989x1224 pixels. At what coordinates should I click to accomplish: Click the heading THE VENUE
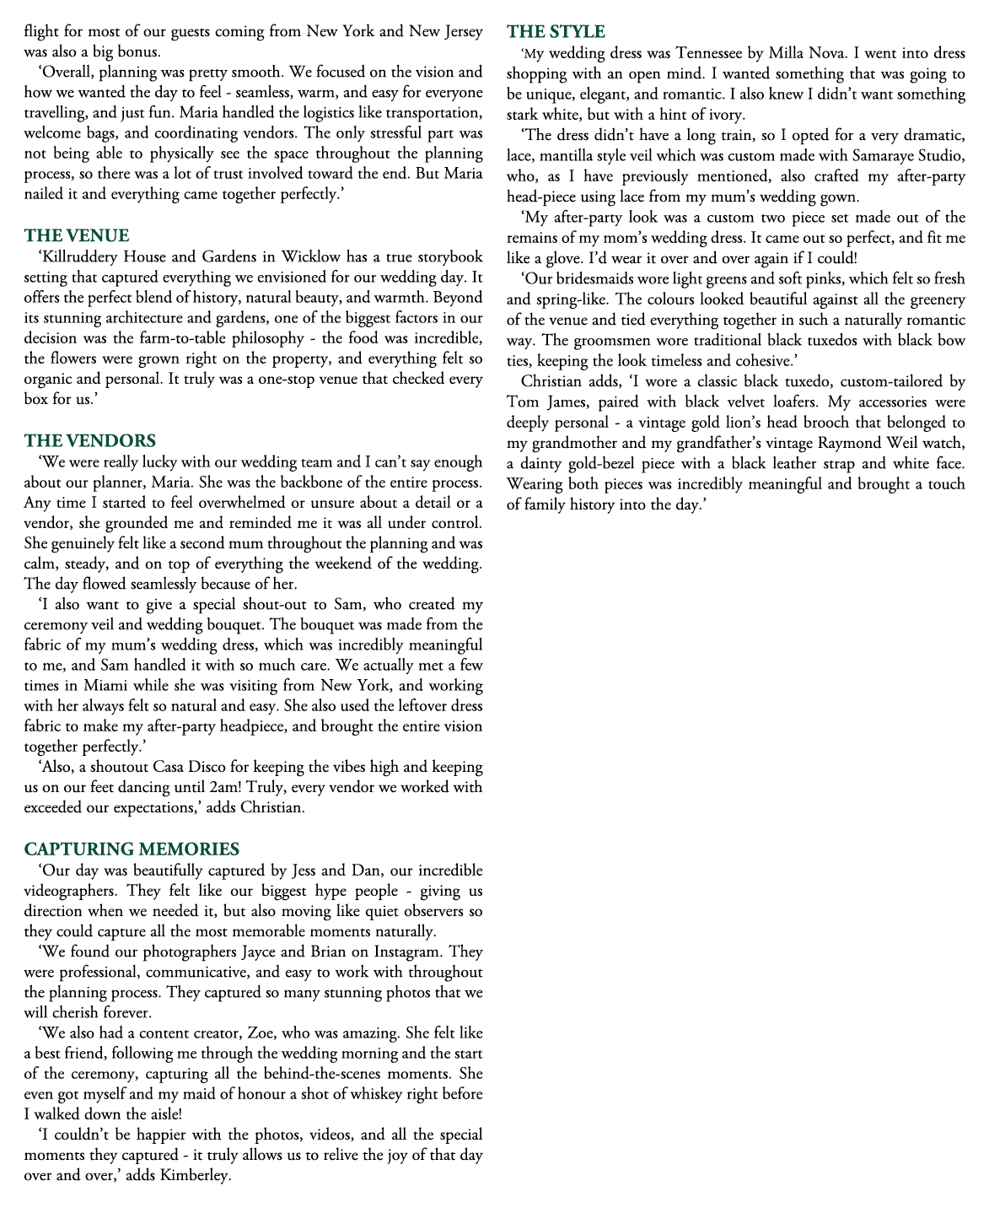pyautogui.click(x=77, y=235)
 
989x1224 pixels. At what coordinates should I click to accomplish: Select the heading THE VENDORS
pyautogui.click(x=90, y=440)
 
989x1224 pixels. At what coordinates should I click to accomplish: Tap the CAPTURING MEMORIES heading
pyautogui.click(x=132, y=849)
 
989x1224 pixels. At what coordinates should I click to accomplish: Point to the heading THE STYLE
pyautogui.click(x=556, y=32)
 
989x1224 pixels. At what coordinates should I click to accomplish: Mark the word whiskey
pyautogui.click(x=363, y=1094)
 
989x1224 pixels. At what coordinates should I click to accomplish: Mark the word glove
pyautogui.click(x=556, y=258)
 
